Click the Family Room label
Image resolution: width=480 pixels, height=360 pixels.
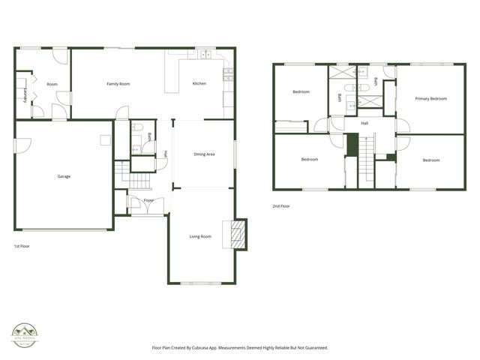pos(118,84)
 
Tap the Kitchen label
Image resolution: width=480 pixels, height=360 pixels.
pos(199,83)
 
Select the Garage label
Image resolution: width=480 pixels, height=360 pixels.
pos(64,177)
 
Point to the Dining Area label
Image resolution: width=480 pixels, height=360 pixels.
pos(205,154)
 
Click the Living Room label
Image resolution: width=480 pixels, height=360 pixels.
pos(200,236)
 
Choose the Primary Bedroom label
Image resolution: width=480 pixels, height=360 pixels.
pos(430,99)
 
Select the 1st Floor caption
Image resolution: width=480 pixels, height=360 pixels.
pos(22,246)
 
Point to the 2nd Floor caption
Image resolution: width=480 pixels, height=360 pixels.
pos(281,206)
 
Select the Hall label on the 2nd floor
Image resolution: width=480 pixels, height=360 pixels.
pos(364,123)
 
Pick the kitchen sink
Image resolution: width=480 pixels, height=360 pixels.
pos(203,55)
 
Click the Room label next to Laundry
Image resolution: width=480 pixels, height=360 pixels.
pos(52,84)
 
